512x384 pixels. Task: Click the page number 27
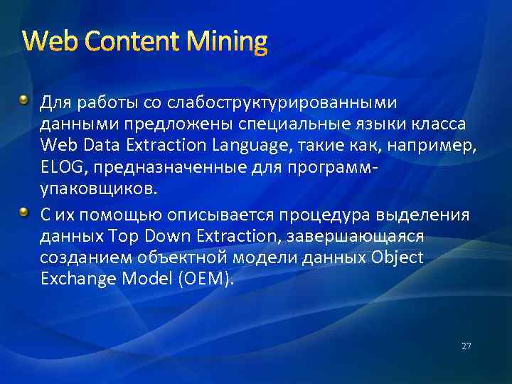click(x=466, y=346)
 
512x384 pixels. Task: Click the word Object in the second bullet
click(x=397, y=257)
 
